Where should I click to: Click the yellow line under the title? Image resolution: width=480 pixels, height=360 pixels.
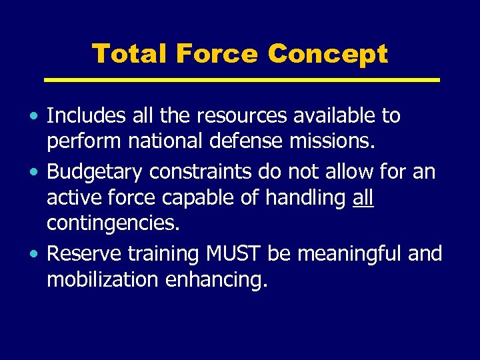[242, 79]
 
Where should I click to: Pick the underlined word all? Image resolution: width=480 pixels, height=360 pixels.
[363, 199]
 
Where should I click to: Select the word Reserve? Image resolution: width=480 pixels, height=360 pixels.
[85, 254]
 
